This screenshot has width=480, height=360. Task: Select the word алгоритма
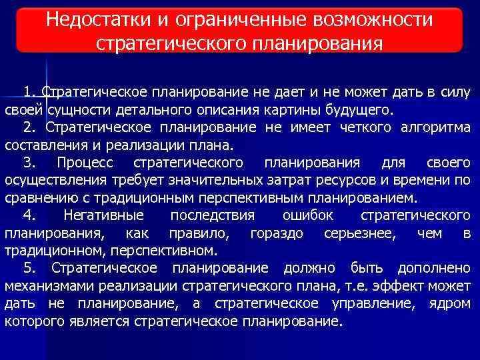pyautogui.click(x=436, y=127)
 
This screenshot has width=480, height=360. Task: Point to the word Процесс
pyautogui.click(x=85, y=163)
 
